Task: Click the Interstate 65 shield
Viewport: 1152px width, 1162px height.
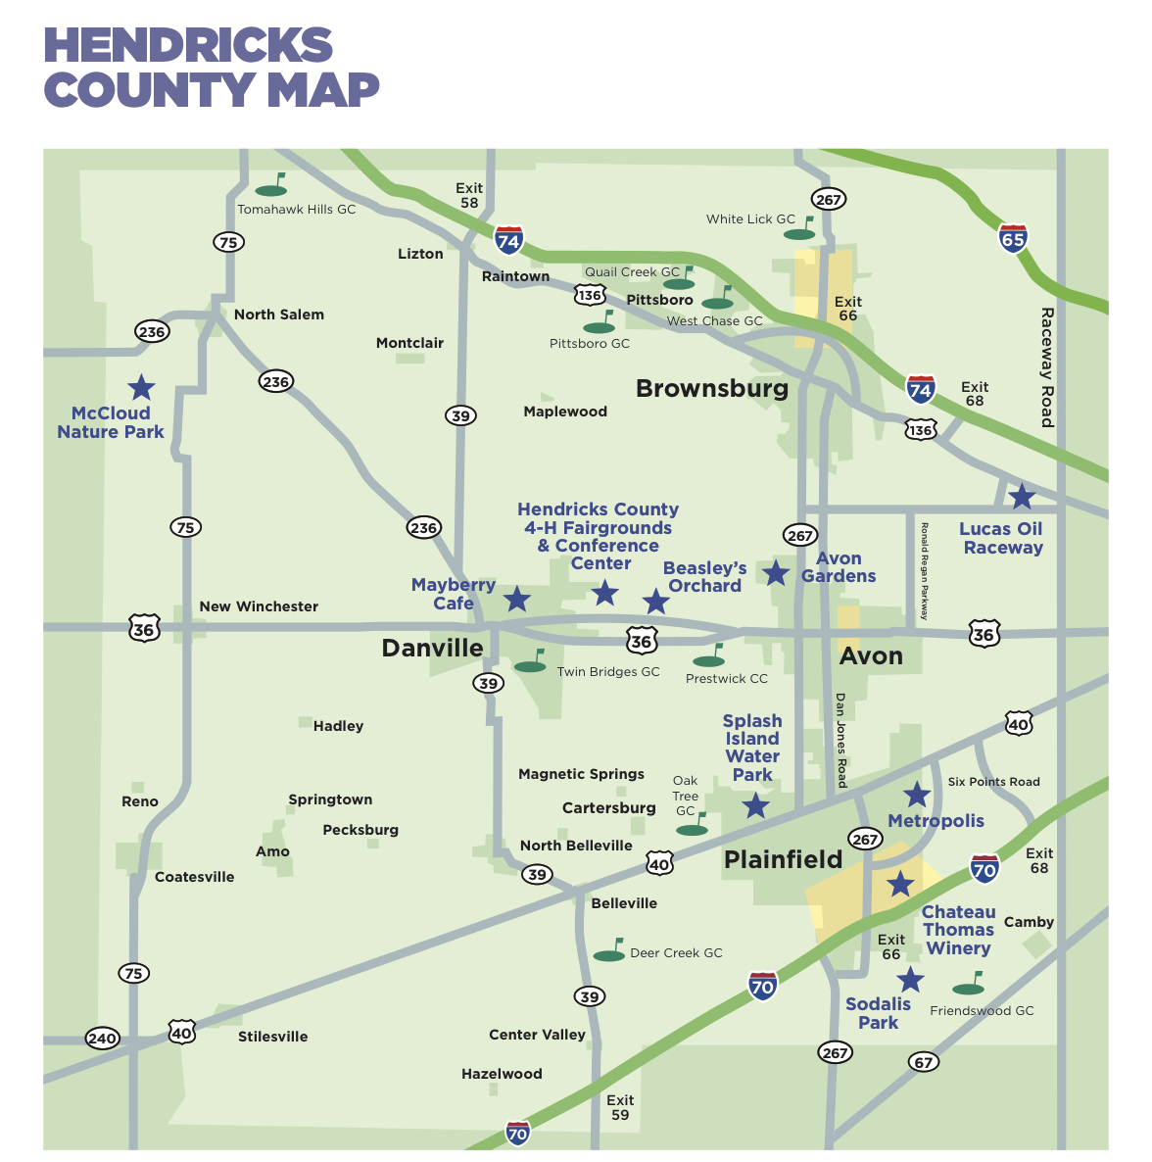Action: point(1013,238)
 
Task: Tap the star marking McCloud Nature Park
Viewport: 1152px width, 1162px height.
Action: point(142,387)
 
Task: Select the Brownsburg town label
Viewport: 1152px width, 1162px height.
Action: point(712,389)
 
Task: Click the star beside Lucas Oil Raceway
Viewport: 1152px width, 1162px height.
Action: point(1022,497)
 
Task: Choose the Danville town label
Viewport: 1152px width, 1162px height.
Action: point(432,649)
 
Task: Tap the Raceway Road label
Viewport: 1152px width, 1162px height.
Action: point(1046,367)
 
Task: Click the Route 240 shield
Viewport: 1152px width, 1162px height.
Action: point(102,1039)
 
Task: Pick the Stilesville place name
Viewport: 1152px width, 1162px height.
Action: point(272,1037)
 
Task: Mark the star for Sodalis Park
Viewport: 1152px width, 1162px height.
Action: point(910,980)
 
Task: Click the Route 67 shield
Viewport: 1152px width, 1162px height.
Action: point(923,1062)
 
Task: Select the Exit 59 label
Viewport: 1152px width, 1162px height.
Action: point(620,1107)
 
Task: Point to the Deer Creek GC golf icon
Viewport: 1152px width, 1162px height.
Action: point(610,951)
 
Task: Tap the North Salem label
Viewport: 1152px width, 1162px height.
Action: point(278,315)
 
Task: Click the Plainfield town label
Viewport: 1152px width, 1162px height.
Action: point(783,860)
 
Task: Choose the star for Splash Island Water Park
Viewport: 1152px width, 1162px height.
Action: point(755,806)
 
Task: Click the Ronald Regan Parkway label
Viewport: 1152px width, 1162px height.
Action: point(924,571)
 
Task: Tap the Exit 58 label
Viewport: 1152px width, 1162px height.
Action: point(469,195)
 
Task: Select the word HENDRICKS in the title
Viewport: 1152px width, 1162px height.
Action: point(188,46)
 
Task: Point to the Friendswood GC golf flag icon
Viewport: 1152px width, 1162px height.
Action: point(969,984)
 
